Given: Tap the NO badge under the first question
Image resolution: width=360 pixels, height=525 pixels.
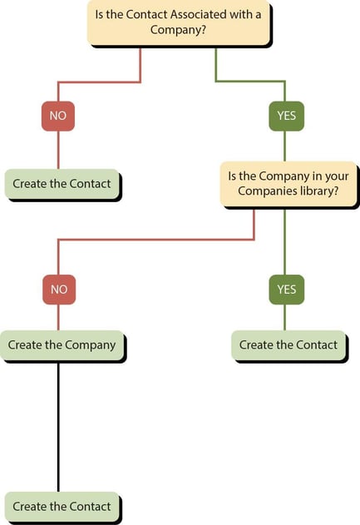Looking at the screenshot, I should coord(57,116).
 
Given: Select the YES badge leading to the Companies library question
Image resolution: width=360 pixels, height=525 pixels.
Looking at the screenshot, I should coord(286,116).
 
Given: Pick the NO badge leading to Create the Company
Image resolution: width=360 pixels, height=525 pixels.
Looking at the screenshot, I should coord(58,290).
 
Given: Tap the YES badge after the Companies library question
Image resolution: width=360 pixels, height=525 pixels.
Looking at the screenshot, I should coord(286,290).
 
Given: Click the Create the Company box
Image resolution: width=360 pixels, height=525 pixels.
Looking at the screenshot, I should coord(62,344).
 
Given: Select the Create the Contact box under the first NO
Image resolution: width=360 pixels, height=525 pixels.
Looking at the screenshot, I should coord(62,184).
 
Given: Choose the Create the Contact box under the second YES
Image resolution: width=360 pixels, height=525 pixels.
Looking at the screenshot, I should coord(288,344).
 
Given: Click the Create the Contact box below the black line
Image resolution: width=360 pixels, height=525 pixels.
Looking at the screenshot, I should coord(62,506).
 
